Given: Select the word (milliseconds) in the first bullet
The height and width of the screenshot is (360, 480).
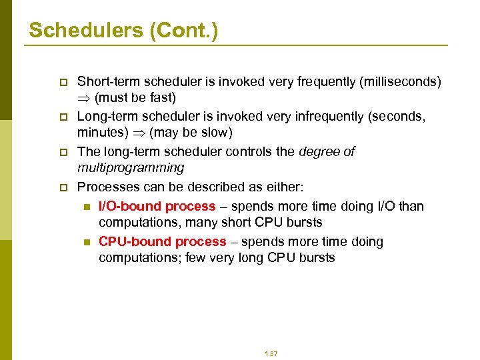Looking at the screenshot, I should (x=400, y=81).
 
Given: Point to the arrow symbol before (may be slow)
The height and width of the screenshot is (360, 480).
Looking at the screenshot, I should (x=139, y=133).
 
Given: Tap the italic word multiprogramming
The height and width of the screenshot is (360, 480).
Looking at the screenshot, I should (x=130, y=167).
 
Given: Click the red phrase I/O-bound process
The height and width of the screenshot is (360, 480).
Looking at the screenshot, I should (x=157, y=206).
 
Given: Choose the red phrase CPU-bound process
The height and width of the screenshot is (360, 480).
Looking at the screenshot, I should (x=162, y=241).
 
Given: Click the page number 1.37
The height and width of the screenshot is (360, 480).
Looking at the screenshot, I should (x=270, y=353).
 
